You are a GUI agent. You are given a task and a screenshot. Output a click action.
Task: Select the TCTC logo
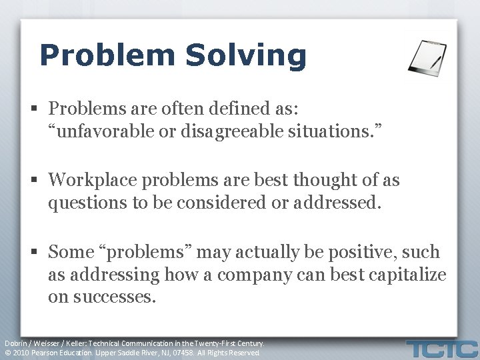tap(443, 348)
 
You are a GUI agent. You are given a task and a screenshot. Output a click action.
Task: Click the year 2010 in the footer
tap(21, 353)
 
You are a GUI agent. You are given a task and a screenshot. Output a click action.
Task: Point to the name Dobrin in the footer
tap(17, 343)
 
